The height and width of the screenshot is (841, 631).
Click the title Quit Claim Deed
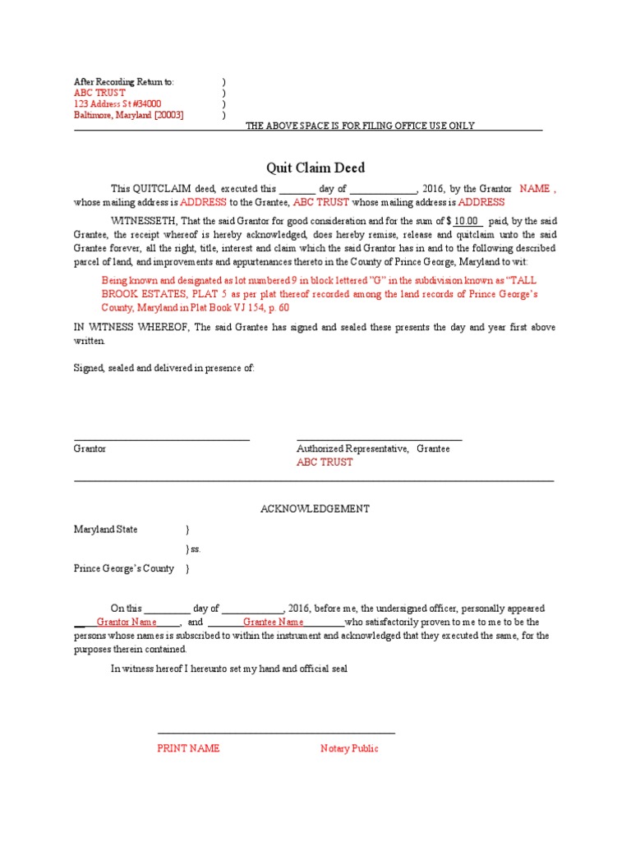click(x=315, y=168)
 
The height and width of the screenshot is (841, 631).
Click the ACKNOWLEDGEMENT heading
click(x=315, y=509)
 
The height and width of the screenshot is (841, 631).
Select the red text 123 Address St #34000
click(x=117, y=104)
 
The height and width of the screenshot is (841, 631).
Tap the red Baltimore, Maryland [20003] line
click(x=129, y=116)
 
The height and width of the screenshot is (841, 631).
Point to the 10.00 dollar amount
click(x=466, y=222)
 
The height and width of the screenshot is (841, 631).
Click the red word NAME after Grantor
click(x=536, y=189)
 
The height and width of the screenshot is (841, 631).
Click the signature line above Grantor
click(x=162, y=441)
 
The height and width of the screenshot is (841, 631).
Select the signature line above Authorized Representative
click(x=379, y=441)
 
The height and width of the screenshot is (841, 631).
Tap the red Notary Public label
click(x=349, y=749)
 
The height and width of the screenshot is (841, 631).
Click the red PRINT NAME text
click(x=188, y=749)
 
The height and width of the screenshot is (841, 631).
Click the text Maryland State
click(x=106, y=530)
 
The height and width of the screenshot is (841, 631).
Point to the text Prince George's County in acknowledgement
click(x=124, y=568)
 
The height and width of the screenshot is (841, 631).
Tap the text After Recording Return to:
click(x=124, y=82)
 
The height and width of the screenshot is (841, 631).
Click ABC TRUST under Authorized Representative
click(x=325, y=462)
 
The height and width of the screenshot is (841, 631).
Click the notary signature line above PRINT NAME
click(x=276, y=733)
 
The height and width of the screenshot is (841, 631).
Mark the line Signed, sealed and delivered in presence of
click(x=164, y=369)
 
